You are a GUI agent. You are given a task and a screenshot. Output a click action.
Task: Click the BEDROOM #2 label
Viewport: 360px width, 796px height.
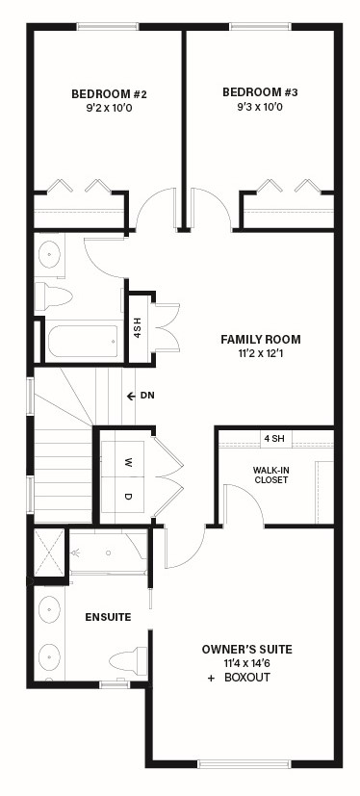[109, 94]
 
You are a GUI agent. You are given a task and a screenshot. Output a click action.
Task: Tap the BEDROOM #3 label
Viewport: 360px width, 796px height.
[260, 92]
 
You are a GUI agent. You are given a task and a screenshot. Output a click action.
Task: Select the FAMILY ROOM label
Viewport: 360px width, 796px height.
[261, 339]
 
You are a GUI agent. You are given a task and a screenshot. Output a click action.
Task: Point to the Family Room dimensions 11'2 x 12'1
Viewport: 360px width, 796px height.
[261, 352]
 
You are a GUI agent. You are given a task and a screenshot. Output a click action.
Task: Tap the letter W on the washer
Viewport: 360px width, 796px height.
[128, 462]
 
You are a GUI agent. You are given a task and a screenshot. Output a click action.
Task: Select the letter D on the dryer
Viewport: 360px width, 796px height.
[128, 497]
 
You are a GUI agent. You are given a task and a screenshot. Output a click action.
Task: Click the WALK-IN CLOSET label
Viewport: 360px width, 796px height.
[270, 475]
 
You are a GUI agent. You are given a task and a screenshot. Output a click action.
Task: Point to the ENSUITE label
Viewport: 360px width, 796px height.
[108, 617]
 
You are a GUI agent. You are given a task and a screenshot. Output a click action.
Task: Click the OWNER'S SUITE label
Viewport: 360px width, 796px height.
[246, 650]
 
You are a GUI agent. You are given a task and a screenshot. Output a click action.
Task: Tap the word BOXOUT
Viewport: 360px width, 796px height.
[247, 678]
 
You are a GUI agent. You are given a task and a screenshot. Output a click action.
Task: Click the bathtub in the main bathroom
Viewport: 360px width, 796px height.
[83, 341]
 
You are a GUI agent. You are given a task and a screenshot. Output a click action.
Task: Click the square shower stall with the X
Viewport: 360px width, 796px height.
[49, 552]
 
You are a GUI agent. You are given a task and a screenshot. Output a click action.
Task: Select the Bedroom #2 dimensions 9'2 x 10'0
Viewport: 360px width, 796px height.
[109, 108]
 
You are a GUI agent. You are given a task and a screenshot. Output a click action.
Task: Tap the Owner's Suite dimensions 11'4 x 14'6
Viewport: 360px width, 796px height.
[246, 663]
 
